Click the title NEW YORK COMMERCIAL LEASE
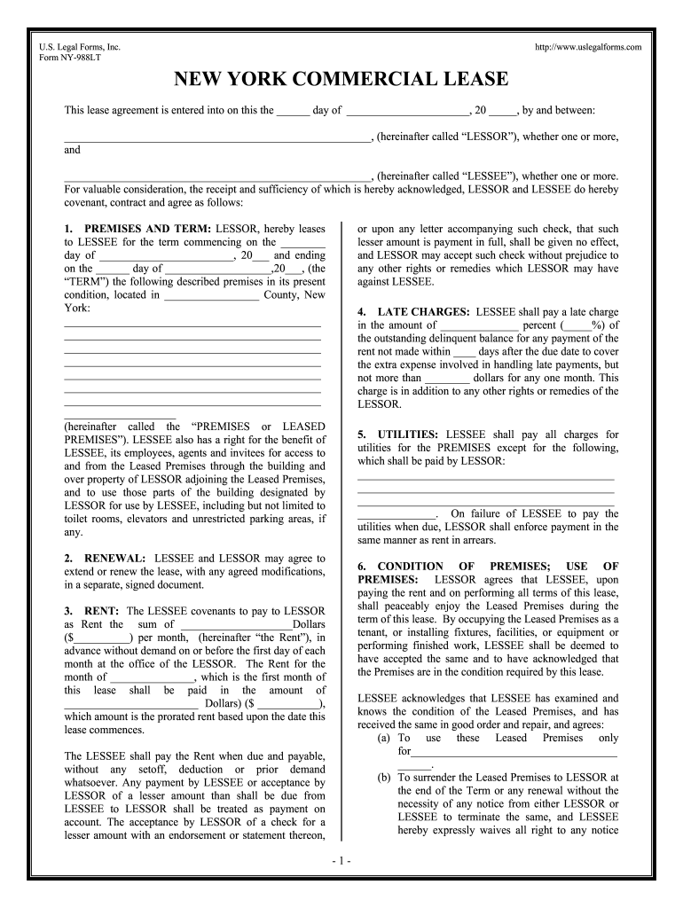(x=341, y=80)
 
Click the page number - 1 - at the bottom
(x=341, y=861)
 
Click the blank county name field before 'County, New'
(x=211, y=295)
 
